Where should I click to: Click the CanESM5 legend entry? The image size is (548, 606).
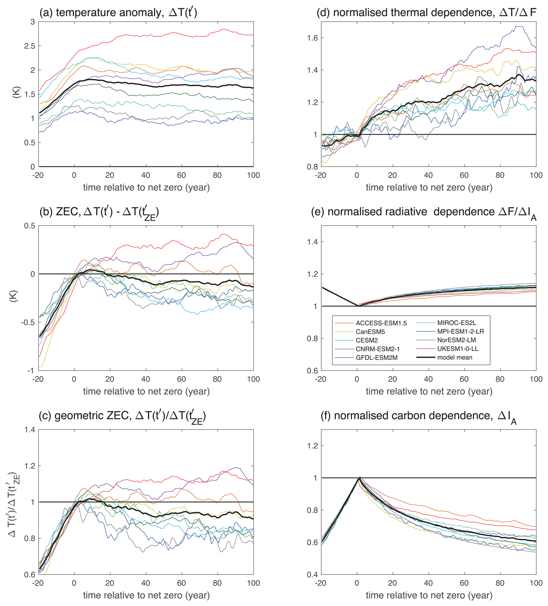[x=370, y=332]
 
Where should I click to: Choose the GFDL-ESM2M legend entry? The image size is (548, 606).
[x=376, y=358]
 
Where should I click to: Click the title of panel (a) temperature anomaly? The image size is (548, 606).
[x=118, y=12]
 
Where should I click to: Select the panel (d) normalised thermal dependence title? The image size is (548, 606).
[x=426, y=12]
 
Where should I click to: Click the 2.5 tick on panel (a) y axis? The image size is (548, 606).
[x=30, y=46]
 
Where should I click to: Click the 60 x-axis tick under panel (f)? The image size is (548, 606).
[x=464, y=583]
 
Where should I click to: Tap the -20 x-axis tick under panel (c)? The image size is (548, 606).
[x=38, y=583]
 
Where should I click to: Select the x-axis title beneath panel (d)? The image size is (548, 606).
[x=429, y=188]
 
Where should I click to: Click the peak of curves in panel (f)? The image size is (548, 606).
[x=359, y=477]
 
